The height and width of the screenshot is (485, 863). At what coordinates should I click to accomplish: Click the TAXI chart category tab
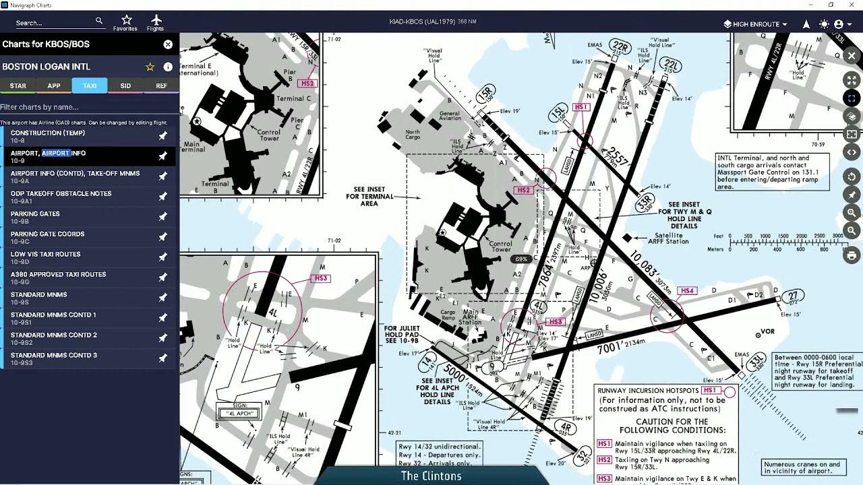(x=90, y=86)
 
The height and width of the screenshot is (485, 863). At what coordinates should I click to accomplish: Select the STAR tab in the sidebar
(x=18, y=86)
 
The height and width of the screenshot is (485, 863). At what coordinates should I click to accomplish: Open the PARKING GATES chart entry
(x=35, y=214)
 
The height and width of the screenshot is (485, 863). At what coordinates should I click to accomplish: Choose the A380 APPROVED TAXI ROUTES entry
(x=58, y=275)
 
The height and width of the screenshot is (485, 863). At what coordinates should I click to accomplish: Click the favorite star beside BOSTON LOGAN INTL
(x=150, y=67)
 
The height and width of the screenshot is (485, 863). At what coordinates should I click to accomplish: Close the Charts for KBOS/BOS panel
(x=168, y=44)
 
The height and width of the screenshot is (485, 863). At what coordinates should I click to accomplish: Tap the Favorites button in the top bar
(x=125, y=22)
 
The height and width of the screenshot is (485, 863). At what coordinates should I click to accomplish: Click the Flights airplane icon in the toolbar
(x=156, y=22)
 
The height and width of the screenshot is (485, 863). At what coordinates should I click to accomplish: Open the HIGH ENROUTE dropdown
(x=755, y=24)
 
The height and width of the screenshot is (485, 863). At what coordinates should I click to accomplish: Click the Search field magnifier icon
(x=99, y=22)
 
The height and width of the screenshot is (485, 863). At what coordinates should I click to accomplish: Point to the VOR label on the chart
(x=767, y=332)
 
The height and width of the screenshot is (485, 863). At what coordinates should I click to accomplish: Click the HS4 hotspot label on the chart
(x=687, y=291)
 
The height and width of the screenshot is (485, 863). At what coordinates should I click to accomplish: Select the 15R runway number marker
(x=485, y=93)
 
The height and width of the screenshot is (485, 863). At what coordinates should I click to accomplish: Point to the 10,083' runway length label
(x=641, y=263)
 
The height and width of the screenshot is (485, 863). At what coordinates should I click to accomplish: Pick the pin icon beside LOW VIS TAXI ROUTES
(x=162, y=257)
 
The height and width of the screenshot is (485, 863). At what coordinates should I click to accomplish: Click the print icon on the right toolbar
(x=852, y=256)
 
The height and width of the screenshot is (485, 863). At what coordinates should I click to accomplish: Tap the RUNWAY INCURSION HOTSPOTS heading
(x=648, y=391)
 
